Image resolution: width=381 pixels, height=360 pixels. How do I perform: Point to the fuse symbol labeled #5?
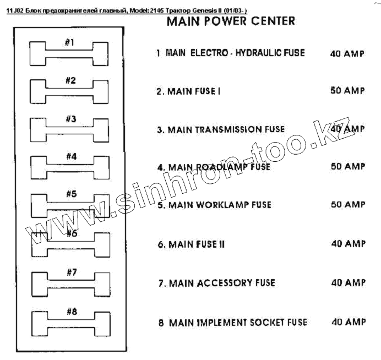pyautogui.click(x=69, y=204)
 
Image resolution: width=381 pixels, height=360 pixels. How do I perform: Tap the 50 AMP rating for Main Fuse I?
pyautogui.click(x=347, y=91)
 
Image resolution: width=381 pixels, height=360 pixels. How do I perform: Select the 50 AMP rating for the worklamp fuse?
pyautogui.click(x=347, y=205)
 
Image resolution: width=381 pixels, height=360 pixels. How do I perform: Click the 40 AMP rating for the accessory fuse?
pyautogui.click(x=347, y=282)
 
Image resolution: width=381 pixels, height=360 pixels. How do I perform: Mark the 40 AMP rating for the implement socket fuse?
pyautogui.click(x=347, y=321)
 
